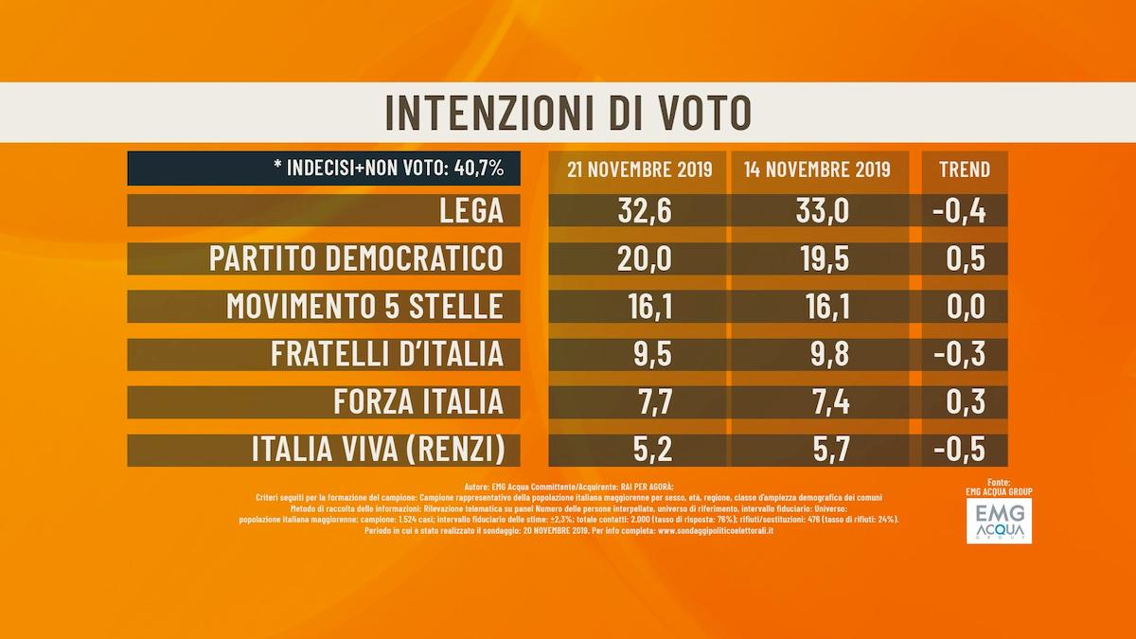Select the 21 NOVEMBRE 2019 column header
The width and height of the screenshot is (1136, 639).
638,169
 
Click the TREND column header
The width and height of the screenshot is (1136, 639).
964,169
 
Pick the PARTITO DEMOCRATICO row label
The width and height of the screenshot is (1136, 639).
356,258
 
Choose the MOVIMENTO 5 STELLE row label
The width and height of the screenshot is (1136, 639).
364,306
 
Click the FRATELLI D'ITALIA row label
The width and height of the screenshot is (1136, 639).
386,354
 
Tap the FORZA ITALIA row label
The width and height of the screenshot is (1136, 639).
417,401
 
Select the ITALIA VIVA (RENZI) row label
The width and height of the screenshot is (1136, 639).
377,449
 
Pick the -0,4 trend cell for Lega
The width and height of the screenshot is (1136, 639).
958,211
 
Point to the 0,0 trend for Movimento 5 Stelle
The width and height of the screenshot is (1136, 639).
964,306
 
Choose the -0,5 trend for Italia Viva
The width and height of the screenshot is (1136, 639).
958,449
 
